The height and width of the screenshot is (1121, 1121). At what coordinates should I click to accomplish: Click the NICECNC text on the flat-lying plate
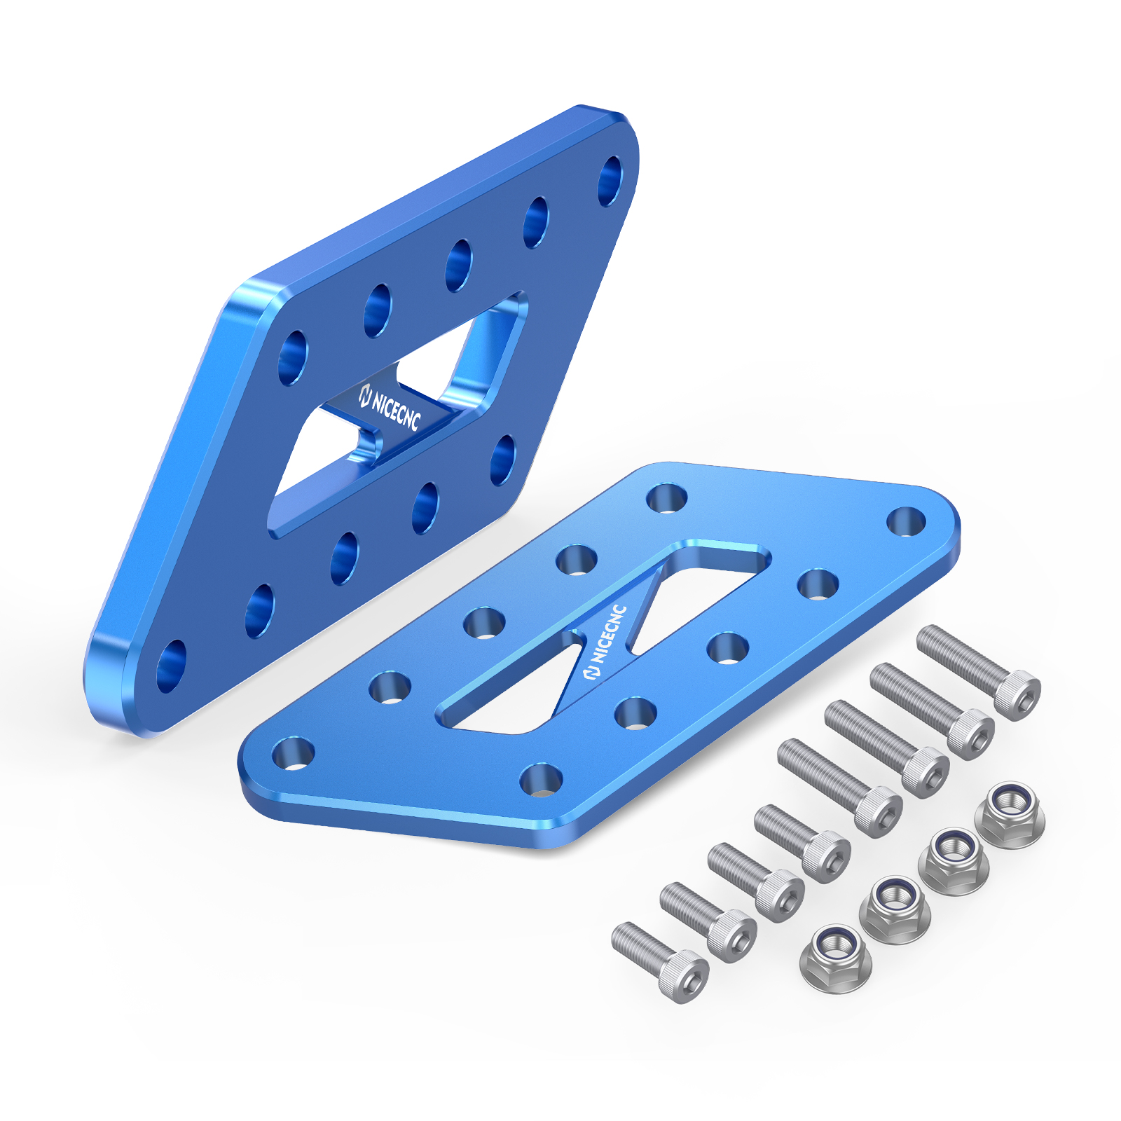click(x=607, y=641)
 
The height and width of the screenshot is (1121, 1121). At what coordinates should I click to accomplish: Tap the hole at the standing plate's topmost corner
click(x=611, y=181)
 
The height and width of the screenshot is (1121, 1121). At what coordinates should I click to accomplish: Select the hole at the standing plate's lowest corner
click(x=171, y=666)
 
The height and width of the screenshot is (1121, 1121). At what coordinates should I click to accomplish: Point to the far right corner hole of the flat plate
click(x=907, y=521)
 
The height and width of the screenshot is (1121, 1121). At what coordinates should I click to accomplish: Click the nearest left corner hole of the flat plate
click(x=293, y=753)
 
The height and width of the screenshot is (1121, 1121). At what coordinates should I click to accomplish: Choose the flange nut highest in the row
click(x=1010, y=815)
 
